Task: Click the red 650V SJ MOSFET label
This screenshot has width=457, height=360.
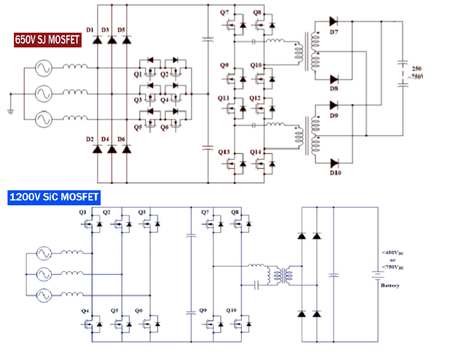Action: [47, 40]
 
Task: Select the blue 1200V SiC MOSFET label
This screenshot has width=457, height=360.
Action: [54, 197]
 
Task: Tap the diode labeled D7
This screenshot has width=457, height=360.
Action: [333, 21]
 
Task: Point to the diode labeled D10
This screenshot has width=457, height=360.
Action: [334, 163]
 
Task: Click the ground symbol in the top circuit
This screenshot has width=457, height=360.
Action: [11, 111]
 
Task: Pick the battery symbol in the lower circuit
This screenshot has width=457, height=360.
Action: [377, 275]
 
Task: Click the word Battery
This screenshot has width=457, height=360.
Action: [390, 285]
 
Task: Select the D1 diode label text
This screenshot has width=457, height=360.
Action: [90, 30]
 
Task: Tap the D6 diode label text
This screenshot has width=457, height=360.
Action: [121, 139]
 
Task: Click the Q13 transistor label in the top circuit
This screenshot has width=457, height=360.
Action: [224, 152]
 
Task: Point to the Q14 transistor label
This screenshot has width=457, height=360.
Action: [255, 152]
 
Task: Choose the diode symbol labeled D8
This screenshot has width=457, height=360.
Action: [334, 79]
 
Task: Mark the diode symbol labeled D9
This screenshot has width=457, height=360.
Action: [333, 105]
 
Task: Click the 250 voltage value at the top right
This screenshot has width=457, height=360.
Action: [417, 69]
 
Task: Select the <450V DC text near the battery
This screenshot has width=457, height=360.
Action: [393, 253]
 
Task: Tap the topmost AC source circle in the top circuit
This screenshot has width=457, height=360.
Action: [44, 68]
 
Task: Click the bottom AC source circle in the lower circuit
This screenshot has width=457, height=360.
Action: [44, 295]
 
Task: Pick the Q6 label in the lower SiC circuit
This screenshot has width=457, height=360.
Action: [139, 311]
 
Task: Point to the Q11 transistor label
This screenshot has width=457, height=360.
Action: [223, 98]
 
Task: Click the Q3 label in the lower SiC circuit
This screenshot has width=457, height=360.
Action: [142, 212]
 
